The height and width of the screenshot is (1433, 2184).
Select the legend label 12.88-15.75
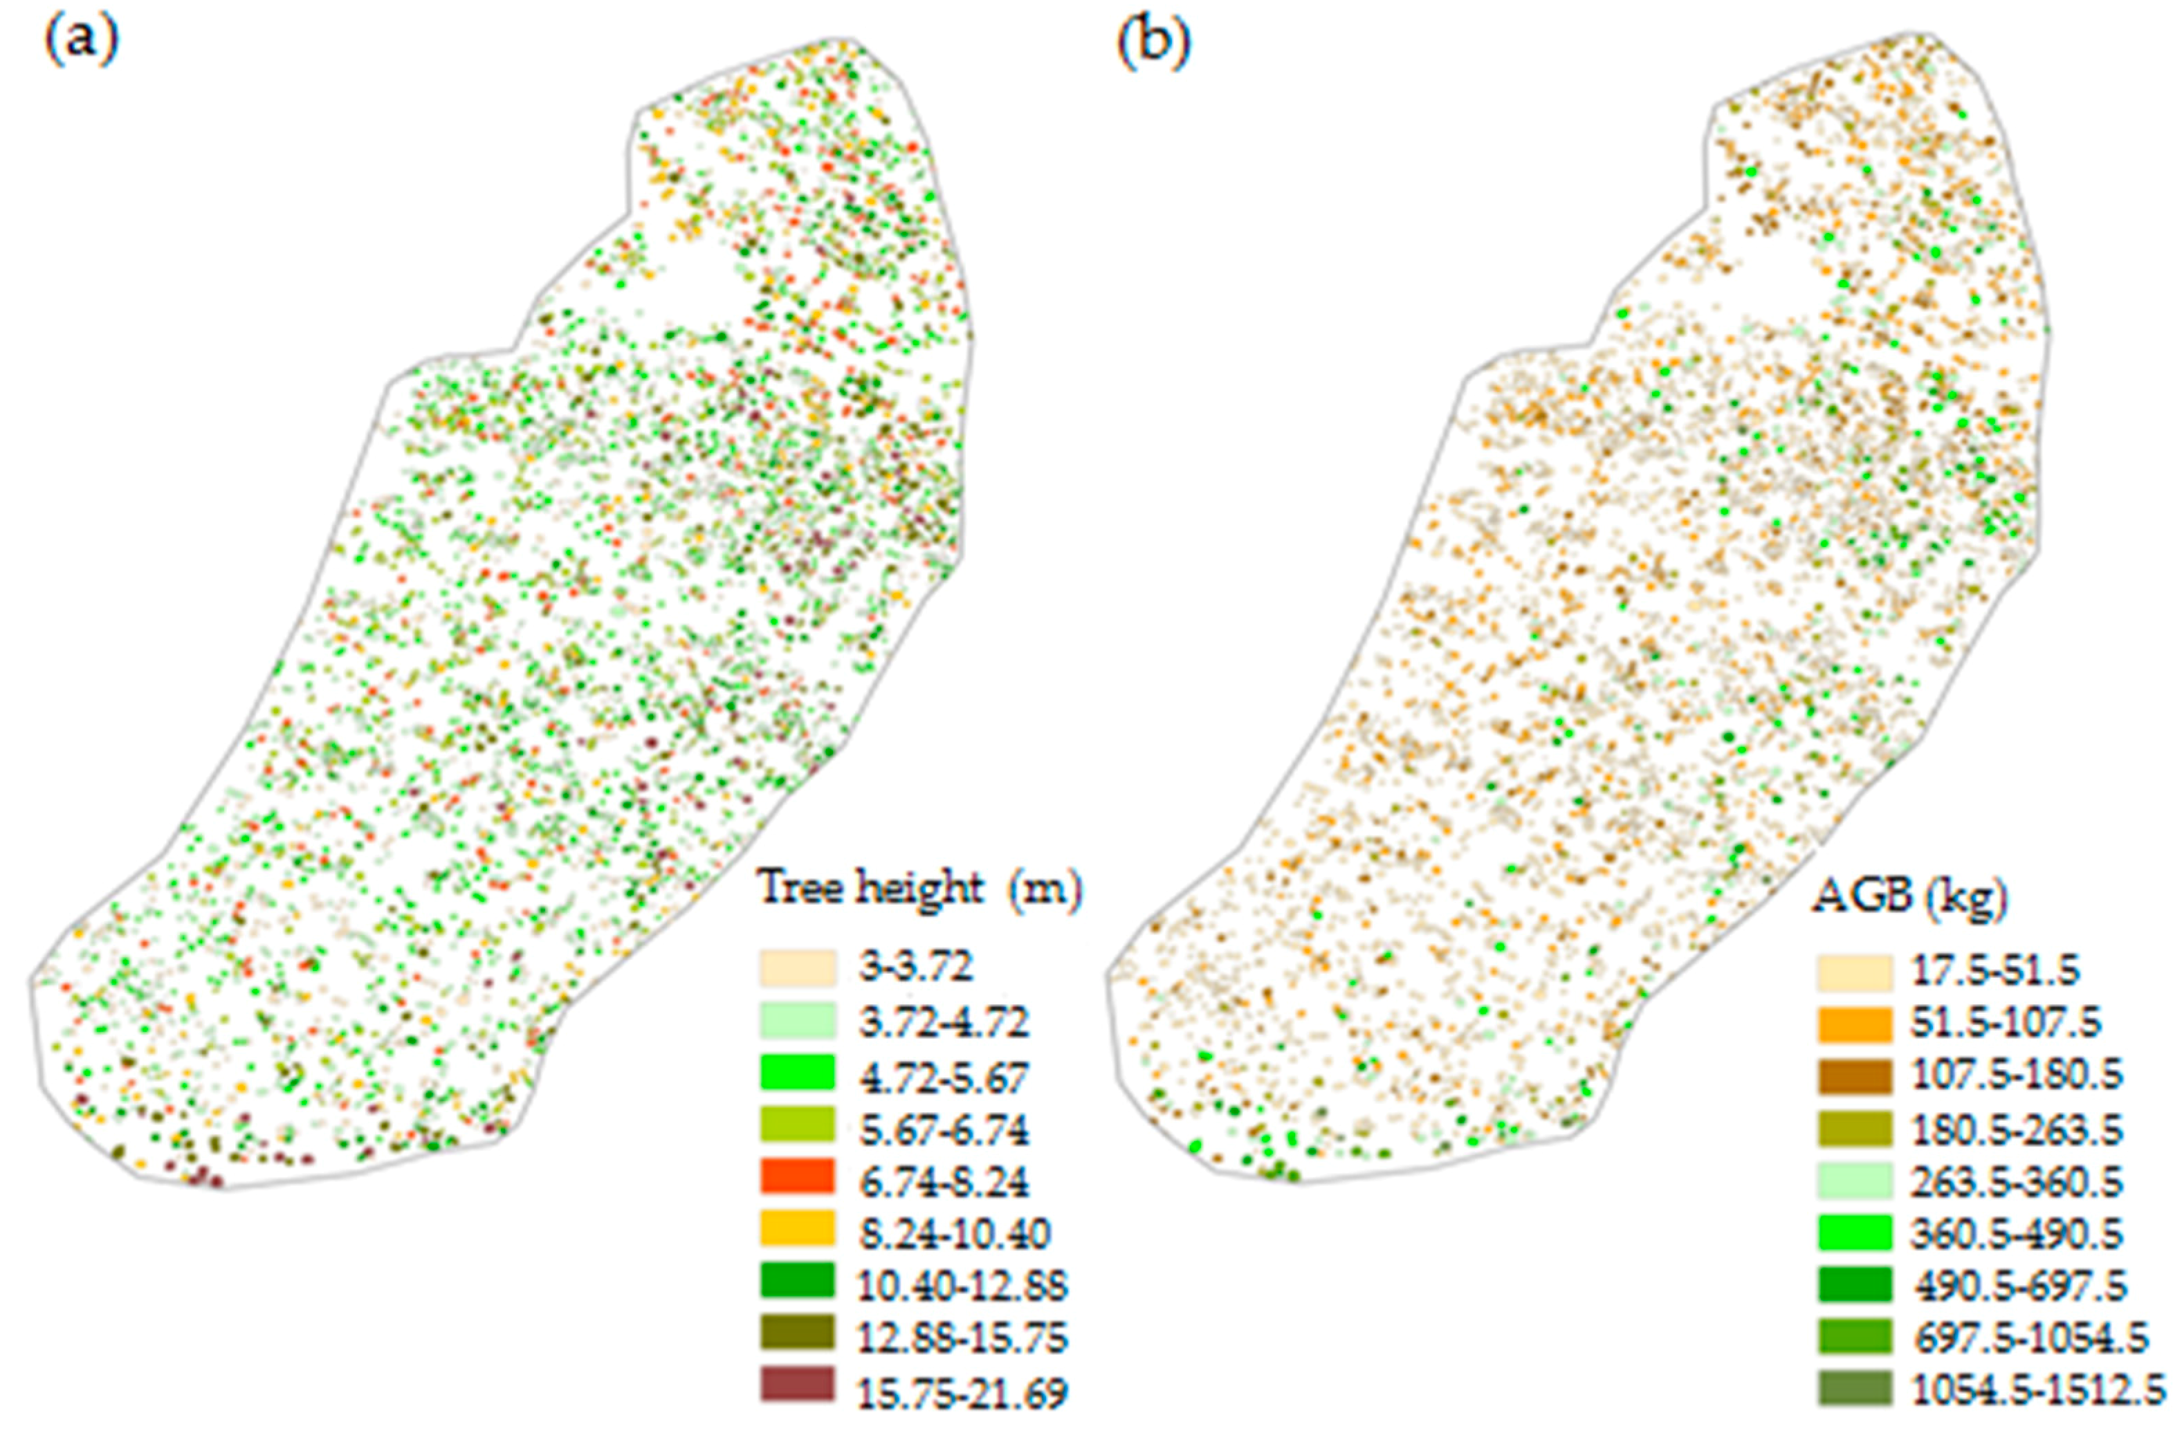coord(962,1338)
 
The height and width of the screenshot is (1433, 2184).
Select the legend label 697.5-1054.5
coord(2030,1338)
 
